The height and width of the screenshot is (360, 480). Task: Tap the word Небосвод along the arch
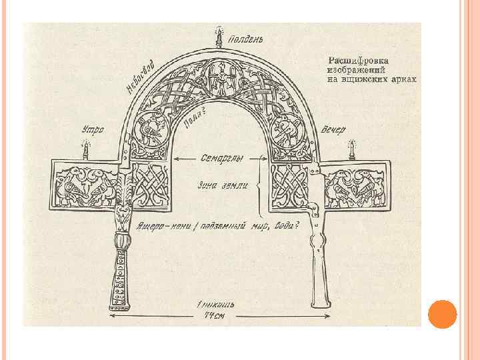[141, 78]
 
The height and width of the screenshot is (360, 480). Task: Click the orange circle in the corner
[441, 313]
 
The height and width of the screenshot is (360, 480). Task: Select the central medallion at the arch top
[218, 76]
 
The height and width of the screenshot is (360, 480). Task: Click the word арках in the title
[403, 79]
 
